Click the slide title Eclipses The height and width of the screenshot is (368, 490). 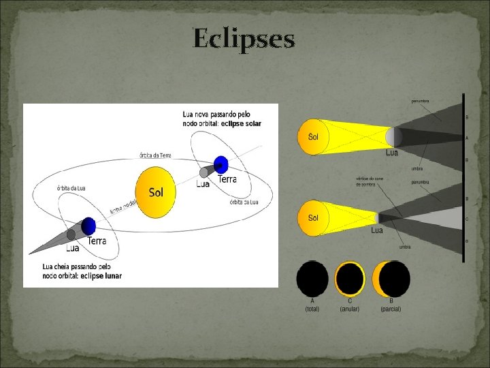244,38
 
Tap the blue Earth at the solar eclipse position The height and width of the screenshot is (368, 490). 220,164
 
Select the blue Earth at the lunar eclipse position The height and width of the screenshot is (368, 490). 88,226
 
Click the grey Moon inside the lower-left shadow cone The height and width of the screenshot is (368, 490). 71,235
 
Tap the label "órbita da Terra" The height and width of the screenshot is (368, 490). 156,155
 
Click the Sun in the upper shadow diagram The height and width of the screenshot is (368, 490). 312,136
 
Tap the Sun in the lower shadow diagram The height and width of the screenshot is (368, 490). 312,218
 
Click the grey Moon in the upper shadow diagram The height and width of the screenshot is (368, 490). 390,137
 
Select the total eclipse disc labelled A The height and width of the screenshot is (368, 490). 312,279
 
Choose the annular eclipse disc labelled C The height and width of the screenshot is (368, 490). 350,279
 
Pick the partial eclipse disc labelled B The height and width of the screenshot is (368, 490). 391,279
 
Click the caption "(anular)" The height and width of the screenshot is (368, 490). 350,309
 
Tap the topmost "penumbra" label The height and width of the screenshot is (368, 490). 419,101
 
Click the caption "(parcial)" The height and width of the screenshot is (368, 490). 391,309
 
